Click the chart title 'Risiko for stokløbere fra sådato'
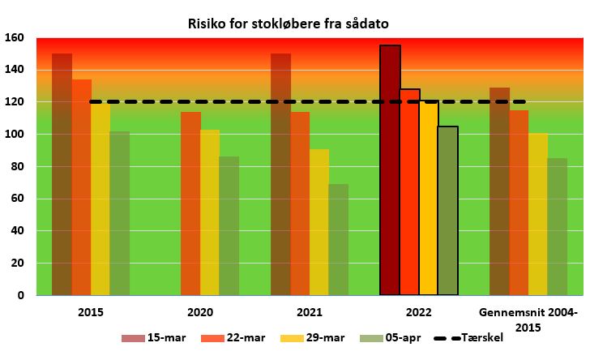[289, 24]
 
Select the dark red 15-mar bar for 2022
[390, 169]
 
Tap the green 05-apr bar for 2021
[338, 239]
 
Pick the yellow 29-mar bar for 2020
[210, 212]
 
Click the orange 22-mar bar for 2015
[82, 187]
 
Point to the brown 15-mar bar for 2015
[62, 174]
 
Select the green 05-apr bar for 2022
[448, 211]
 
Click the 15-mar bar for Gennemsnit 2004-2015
[500, 191]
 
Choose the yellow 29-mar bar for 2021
[319, 222]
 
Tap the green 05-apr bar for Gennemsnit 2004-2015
[558, 227]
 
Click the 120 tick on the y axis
[15, 101]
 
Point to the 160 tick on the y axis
[15, 37]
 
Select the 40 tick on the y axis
[17, 230]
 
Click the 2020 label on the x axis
[200, 312]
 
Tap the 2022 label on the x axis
[419, 312]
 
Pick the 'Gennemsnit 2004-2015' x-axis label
[528, 319]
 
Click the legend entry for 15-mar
[153, 337]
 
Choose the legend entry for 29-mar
[312, 337]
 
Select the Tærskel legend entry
[468, 337]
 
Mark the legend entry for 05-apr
[390, 337]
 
